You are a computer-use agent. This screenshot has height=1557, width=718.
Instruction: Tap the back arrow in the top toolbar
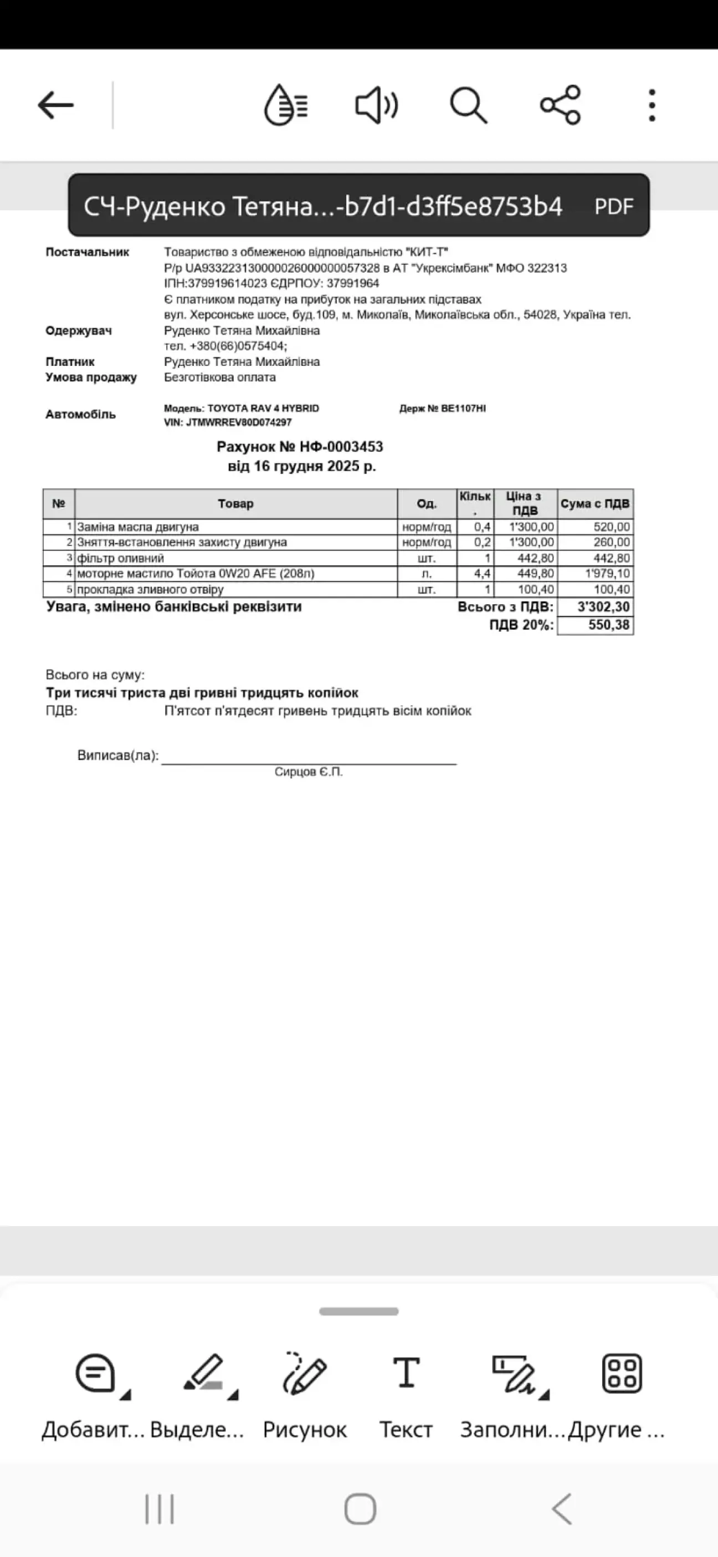pyautogui.click(x=55, y=105)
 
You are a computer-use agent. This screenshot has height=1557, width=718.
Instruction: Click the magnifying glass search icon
pyautogui.click(x=468, y=105)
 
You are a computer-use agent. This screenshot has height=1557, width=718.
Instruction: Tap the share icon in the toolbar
pyautogui.click(x=560, y=105)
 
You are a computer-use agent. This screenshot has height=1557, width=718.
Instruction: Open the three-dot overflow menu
pyautogui.click(x=652, y=105)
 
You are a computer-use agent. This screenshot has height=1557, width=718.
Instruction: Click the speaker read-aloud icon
pyautogui.click(x=376, y=105)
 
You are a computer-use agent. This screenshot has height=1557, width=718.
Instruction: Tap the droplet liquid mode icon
pyautogui.click(x=286, y=105)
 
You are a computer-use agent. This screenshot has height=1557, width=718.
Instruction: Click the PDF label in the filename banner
pyautogui.click(x=613, y=207)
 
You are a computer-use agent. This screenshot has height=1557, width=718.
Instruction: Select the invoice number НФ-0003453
pyautogui.click(x=341, y=447)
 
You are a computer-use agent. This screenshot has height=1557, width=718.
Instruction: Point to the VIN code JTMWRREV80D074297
pyautogui.click(x=239, y=422)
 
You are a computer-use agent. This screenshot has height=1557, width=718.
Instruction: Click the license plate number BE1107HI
pyautogui.click(x=463, y=409)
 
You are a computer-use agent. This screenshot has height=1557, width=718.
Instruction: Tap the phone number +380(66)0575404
pyautogui.click(x=238, y=346)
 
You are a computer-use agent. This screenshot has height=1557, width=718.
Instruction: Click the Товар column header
pyautogui.click(x=235, y=503)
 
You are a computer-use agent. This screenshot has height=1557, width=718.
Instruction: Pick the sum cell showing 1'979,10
pyautogui.click(x=607, y=573)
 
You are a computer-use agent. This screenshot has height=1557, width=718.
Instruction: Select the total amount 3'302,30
pyautogui.click(x=603, y=607)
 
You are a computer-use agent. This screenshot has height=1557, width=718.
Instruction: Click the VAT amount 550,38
pyautogui.click(x=609, y=625)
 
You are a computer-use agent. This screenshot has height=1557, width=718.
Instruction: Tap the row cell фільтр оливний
pyautogui.click(x=121, y=558)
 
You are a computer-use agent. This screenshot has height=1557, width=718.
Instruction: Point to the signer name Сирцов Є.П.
pyautogui.click(x=308, y=772)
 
